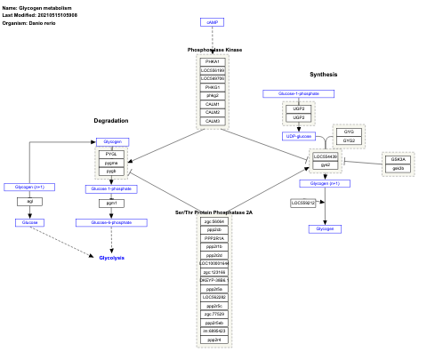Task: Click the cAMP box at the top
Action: (x=212, y=20)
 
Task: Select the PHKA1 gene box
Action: (x=212, y=61)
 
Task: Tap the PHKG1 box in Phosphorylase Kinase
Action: (x=212, y=87)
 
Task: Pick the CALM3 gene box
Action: (x=212, y=121)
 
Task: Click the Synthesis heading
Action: (x=323, y=74)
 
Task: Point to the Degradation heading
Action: (x=111, y=120)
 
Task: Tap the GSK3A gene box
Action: (x=398, y=159)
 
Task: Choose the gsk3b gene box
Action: (x=398, y=168)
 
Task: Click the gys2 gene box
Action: (x=326, y=164)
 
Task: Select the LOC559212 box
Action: (x=303, y=203)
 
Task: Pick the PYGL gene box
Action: (x=111, y=154)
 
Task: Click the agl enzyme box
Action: (x=29, y=202)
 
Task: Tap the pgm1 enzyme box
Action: (x=111, y=203)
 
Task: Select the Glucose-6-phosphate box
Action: (x=111, y=221)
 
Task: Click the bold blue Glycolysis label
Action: (x=111, y=257)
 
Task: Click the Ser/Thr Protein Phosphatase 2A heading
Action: (x=214, y=212)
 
